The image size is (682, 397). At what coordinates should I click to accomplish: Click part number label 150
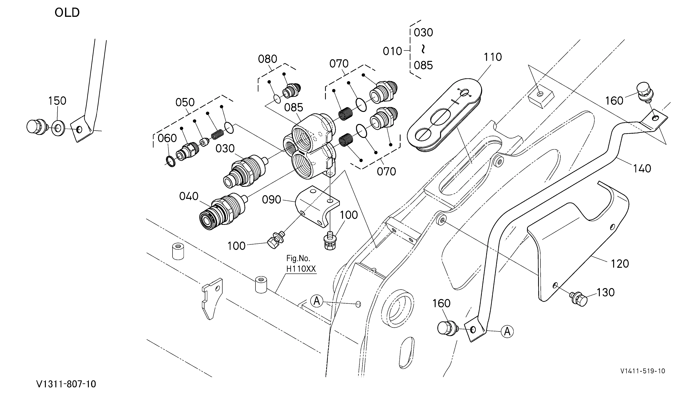click(57, 101)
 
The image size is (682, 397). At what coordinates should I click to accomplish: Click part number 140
click(642, 169)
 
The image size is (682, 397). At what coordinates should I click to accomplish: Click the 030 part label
click(225, 148)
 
